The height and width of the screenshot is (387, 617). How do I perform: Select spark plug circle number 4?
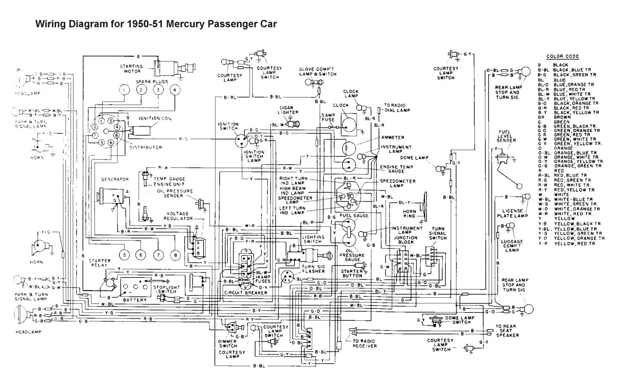pos(174,90)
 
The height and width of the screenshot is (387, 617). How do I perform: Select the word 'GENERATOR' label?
pos(115,180)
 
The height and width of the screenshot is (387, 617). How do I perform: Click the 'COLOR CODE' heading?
pos(562,56)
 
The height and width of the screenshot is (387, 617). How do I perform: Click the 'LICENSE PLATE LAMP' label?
pos(512,213)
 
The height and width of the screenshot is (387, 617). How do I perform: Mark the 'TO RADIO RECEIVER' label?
pos(364,343)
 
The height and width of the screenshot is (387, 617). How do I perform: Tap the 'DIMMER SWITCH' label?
pos(227,344)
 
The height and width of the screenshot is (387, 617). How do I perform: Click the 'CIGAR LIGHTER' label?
pos(288,110)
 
